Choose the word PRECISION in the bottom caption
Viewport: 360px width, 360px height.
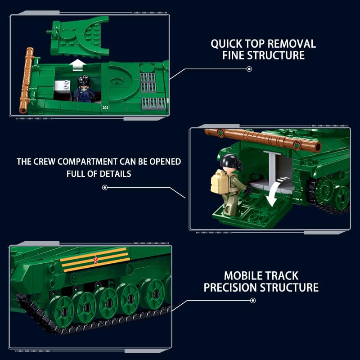pyautogui.click(x=230, y=288)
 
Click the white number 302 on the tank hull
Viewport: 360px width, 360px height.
pyautogui.click(x=105, y=108)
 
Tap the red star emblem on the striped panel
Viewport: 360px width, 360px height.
pyautogui.click(x=95, y=260)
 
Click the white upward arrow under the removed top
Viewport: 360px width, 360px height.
pyautogui.click(x=77, y=65)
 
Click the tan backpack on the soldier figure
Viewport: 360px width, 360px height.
pyautogui.click(x=218, y=182)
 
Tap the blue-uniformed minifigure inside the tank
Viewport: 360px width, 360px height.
pyautogui.click(x=84, y=89)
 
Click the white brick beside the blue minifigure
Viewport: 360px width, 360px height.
pyautogui.click(x=62, y=87)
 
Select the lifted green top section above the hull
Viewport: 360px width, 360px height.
pyautogui.click(x=78, y=37)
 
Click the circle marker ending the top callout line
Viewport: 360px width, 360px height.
pyautogui.click(x=249, y=69)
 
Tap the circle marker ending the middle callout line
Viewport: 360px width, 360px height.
pyautogui.click(x=105, y=188)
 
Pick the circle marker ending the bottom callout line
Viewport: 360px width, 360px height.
pyautogui.click(x=253, y=301)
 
